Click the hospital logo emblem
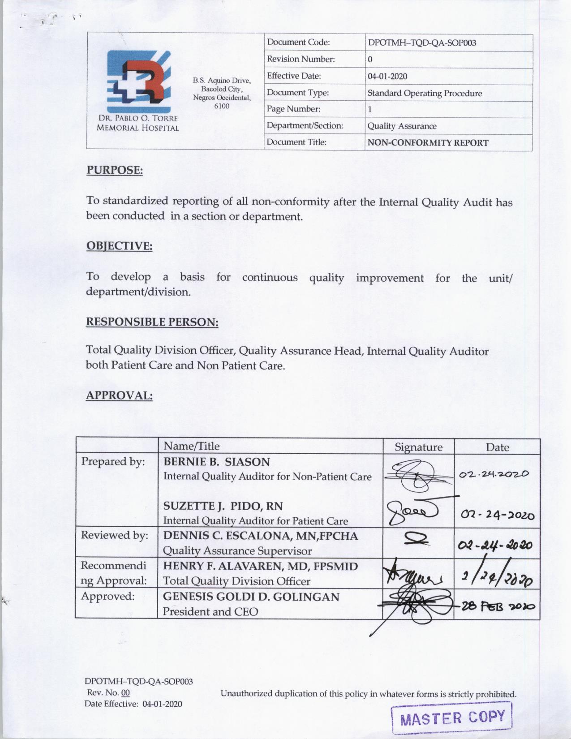point(138,81)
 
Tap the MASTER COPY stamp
point(452,718)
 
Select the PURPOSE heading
point(114,170)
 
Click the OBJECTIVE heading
point(119,246)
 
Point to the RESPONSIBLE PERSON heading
point(152,322)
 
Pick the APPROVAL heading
point(119,395)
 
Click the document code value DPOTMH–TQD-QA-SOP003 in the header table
point(421,43)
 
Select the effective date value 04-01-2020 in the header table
point(387,76)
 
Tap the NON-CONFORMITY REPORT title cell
point(428,143)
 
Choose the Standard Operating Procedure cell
point(425,93)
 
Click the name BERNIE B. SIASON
point(216,461)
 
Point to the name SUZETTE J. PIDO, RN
point(223,506)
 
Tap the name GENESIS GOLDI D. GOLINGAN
point(251,597)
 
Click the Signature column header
point(418,447)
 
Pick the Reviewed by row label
point(114,535)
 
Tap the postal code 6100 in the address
point(222,106)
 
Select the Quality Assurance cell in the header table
point(402,126)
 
